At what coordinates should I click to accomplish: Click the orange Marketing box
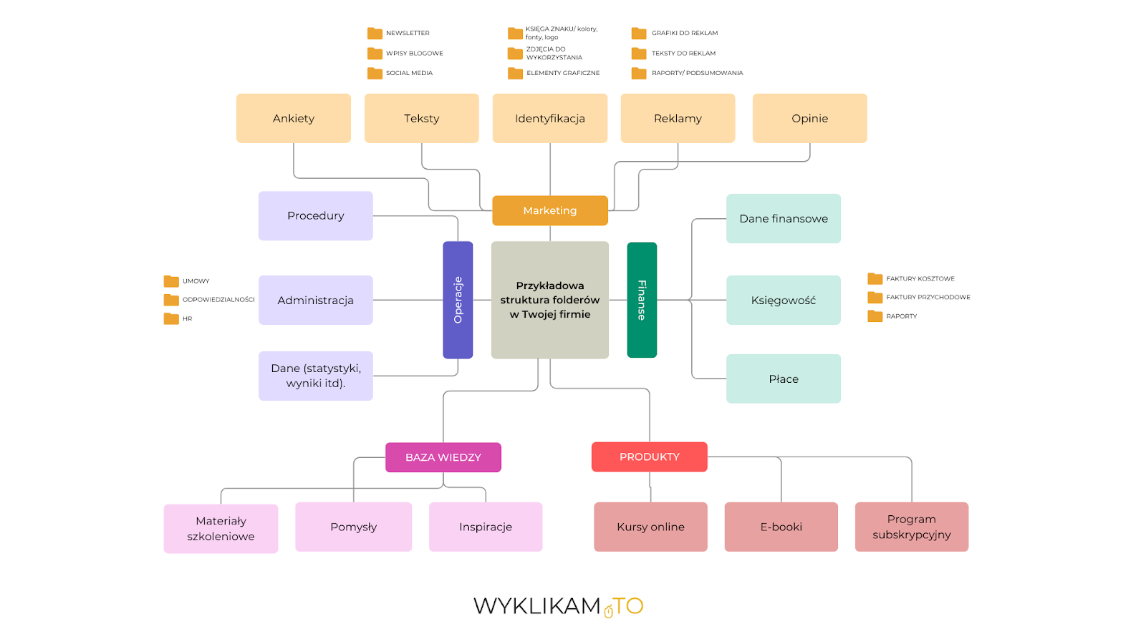(x=549, y=210)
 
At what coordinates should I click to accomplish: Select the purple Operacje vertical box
(x=458, y=300)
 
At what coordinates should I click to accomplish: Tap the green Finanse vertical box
(x=642, y=300)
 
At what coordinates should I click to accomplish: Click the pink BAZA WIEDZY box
(x=443, y=457)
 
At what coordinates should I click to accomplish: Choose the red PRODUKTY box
(x=649, y=457)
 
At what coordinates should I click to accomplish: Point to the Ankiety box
(x=293, y=118)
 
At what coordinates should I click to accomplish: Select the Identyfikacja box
(x=549, y=118)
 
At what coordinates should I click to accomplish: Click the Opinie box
(x=809, y=118)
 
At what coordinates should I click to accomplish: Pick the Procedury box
(x=315, y=215)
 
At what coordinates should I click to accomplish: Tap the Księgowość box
(x=783, y=300)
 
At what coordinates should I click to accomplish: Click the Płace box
(x=783, y=379)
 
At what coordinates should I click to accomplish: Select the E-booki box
(x=781, y=527)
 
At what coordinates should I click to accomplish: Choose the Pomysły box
(x=353, y=527)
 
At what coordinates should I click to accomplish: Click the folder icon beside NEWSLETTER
(x=375, y=33)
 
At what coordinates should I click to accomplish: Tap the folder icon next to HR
(x=171, y=318)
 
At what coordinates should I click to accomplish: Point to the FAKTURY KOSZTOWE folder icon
(x=875, y=278)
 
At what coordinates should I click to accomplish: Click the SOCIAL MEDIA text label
(x=409, y=73)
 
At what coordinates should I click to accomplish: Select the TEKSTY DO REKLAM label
(x=683, y=53)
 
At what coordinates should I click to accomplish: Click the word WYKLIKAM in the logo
(x=536, y=606)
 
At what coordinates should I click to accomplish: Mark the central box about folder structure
(x=549, y=300)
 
